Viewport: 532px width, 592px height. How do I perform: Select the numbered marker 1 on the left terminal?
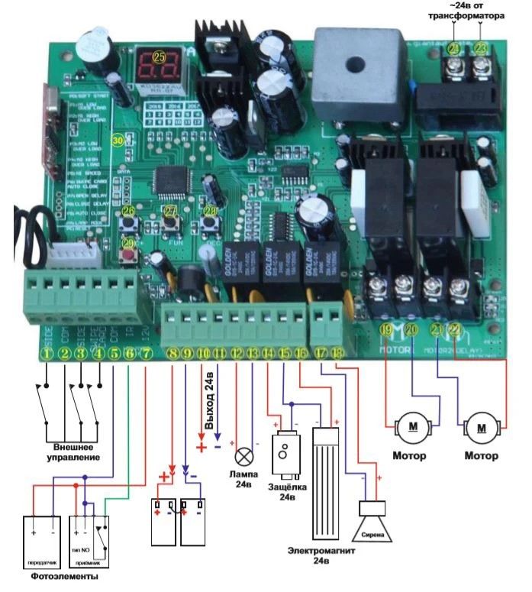click(x=48, y=353)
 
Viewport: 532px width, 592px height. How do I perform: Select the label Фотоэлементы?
click(x=65, y=577)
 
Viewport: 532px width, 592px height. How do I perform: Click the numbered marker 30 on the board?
click(x=118, y=141)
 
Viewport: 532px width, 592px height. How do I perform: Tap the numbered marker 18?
click(x=336, y=353)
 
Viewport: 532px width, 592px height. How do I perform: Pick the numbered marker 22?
click(x=456, y=330)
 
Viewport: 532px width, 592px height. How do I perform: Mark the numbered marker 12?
click(x=237, y=353)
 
